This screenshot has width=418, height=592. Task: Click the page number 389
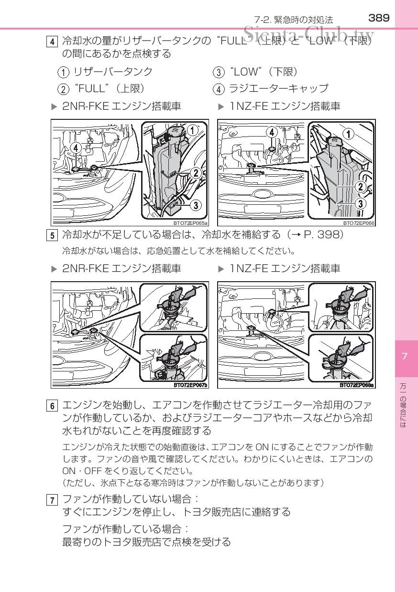[379, 18]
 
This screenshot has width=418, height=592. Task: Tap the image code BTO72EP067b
[190, 385]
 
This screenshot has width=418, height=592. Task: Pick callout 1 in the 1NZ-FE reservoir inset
[349, 134]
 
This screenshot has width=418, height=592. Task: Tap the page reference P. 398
[322, 235]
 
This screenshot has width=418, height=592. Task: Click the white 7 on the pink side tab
[404, 357]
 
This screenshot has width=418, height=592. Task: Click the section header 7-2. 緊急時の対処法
[293, 20]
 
